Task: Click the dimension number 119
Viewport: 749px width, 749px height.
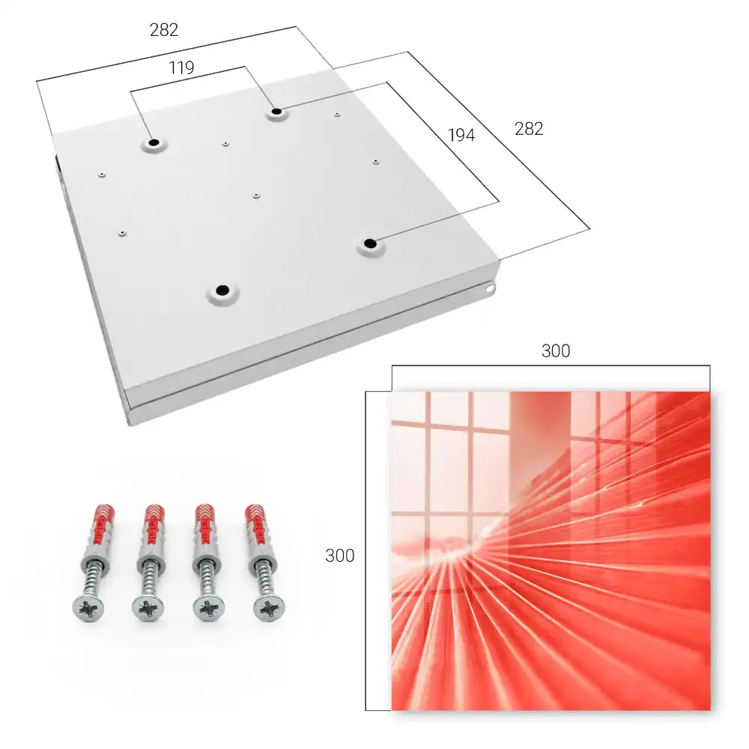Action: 181,68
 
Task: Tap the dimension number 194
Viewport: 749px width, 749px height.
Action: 461,135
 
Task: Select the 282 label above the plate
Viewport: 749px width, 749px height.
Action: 164,30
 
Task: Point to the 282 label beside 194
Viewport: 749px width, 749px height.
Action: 529,129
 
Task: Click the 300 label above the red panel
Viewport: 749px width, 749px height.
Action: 556,351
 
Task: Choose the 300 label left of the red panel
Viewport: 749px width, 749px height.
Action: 339,556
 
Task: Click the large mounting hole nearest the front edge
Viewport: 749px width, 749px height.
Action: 222,290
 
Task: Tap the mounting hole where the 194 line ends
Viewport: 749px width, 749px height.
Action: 369,243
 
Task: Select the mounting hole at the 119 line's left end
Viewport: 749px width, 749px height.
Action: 154,142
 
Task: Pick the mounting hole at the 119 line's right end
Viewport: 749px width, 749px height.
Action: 276,112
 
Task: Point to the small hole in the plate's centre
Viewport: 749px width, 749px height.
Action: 256,195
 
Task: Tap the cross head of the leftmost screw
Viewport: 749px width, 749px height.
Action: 88,609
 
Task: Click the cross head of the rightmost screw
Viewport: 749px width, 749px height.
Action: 270,608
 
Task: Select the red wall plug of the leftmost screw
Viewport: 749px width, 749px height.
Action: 98,527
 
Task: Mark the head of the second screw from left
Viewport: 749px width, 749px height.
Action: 148,608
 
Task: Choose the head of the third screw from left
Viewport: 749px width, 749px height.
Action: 209,608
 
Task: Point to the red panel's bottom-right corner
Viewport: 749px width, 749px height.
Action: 710,710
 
